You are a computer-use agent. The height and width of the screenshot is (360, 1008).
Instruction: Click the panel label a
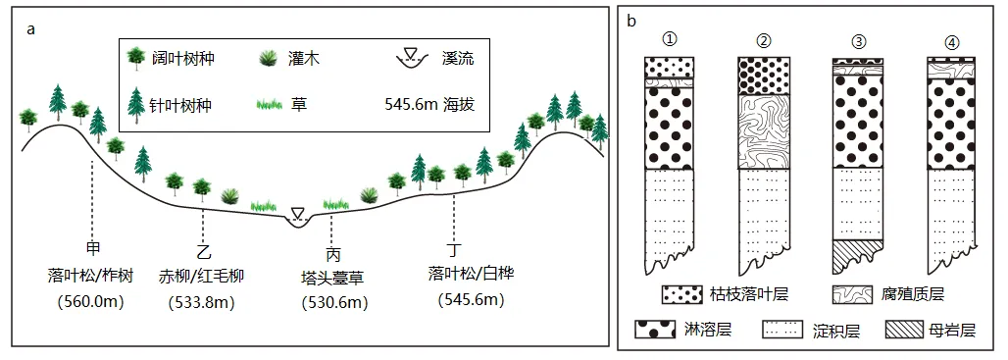31,28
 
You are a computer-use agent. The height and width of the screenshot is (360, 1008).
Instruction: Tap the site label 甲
94,247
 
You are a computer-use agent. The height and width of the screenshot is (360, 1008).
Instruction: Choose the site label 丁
453,249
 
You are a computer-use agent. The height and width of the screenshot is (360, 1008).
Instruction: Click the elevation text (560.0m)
92,300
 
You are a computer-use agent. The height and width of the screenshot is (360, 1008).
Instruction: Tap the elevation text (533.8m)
204,302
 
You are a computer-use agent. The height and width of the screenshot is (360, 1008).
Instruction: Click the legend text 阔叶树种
183,59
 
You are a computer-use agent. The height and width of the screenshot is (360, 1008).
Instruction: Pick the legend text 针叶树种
183,102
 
